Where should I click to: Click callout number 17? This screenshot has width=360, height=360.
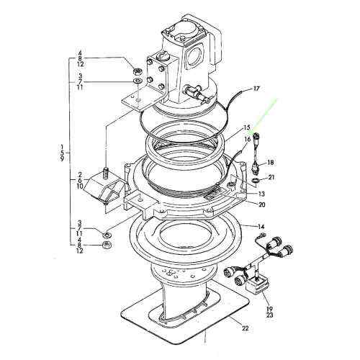[256, 89]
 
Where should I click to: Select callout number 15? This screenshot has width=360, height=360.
[246, 128]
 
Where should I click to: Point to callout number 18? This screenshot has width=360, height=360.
[271, 163]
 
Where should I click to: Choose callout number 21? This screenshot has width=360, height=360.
[271, 177]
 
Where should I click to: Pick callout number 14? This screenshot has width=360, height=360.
[262, 226]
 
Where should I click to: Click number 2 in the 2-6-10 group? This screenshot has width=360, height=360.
[81, 176]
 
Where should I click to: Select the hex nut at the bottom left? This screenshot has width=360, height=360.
[107, 246]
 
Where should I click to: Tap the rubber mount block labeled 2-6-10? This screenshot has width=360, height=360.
[102, 189]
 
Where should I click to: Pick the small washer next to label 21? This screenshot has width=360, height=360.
[256, 181]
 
